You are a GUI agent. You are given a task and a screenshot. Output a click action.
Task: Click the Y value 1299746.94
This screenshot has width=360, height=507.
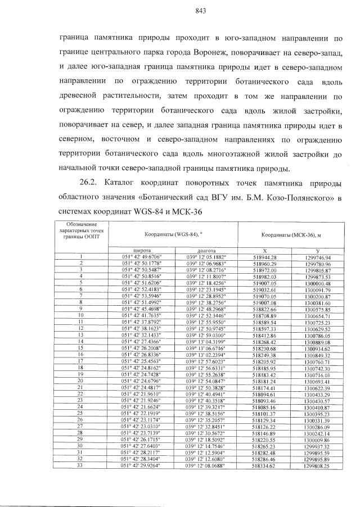click(318, 256)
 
